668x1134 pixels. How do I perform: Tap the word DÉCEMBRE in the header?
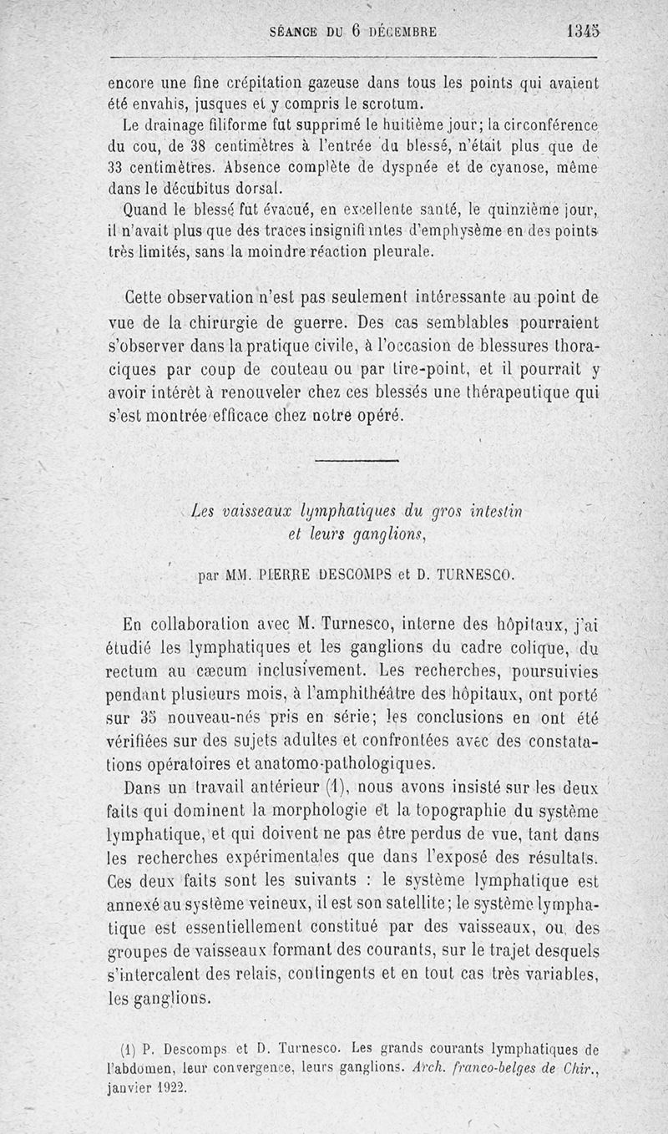tap(402, 32)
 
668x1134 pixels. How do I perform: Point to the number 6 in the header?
tap(355, 31)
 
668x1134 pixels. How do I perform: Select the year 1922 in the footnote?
tap(170, 1087)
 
